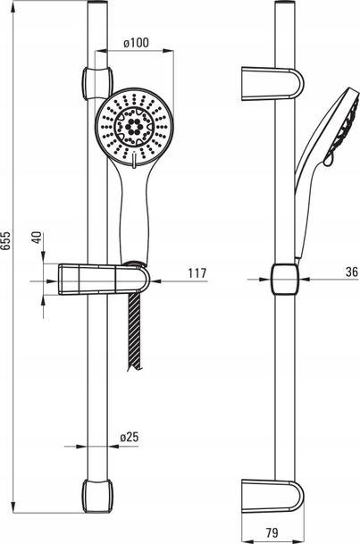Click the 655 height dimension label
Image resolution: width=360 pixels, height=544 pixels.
(6, 239)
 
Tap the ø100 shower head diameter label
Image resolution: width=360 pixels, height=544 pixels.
(137, 43)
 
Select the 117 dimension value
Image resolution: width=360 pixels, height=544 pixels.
(197, 273)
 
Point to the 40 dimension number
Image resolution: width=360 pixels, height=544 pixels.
(38, 238)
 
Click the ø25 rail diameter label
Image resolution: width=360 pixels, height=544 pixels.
(129, 437)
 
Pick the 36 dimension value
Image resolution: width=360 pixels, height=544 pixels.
(352, 272)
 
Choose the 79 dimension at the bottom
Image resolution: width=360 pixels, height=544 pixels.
(272, 532)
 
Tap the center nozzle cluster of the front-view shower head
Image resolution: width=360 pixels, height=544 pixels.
(133, 127)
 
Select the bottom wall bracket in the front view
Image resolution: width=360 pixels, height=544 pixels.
(97, 496)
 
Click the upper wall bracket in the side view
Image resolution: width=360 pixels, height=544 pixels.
(272, 84)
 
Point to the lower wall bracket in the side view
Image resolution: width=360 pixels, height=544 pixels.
(272, 496)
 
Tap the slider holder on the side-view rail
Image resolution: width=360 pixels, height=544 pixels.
(285, 279)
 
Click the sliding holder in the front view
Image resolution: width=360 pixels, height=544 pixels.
(104, 280)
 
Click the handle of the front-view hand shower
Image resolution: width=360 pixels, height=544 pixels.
(135, 215)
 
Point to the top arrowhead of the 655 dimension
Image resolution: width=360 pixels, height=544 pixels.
(13, 10)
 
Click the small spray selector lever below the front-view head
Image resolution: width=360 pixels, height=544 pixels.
(134, 160)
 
